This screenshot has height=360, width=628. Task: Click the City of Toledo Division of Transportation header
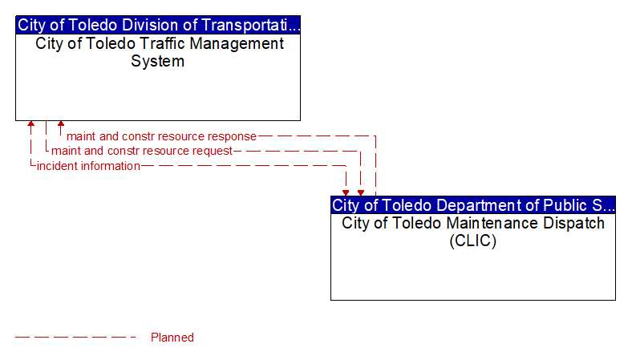point(158,25)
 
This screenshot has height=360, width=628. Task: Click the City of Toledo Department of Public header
point(473,205)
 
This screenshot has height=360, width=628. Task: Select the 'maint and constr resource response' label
point(161,136)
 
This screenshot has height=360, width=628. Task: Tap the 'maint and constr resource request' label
point(142,151)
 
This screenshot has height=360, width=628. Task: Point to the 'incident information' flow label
point(88,166)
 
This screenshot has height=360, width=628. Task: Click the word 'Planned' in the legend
point(172,338)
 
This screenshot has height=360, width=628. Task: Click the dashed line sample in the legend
point(75,338)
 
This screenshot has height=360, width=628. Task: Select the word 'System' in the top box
point(158,61)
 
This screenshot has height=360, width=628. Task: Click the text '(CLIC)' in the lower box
point(473,241)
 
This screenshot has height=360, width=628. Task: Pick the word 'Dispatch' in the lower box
point(573,223)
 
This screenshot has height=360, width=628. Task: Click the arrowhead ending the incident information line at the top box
point(30,123)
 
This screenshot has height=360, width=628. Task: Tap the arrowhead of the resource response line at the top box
point(61,123)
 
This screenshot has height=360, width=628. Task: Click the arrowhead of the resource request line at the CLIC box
point(361,193)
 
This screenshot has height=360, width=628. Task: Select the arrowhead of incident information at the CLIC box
point(346,193)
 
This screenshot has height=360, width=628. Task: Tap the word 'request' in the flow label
point(213,152)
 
